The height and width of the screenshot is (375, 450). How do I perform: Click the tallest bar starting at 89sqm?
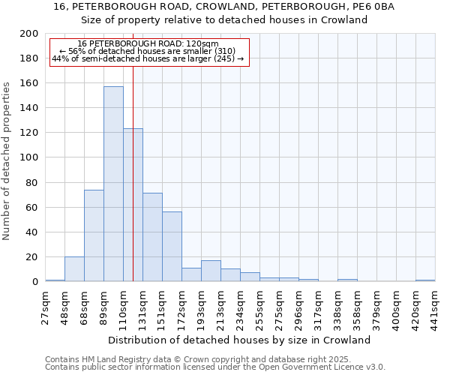point(113,184)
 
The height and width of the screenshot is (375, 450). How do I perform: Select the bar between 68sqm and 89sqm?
point(94,235)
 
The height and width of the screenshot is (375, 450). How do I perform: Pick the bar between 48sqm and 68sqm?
point(74,268)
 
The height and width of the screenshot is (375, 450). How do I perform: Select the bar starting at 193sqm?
point(211,271)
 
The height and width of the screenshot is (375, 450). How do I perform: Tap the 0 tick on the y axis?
point(36,282)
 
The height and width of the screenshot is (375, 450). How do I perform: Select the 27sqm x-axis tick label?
point(45,304)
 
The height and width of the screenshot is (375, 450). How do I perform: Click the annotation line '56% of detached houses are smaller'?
point(147,51)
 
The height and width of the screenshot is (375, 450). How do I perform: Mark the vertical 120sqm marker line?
point(133,172)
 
